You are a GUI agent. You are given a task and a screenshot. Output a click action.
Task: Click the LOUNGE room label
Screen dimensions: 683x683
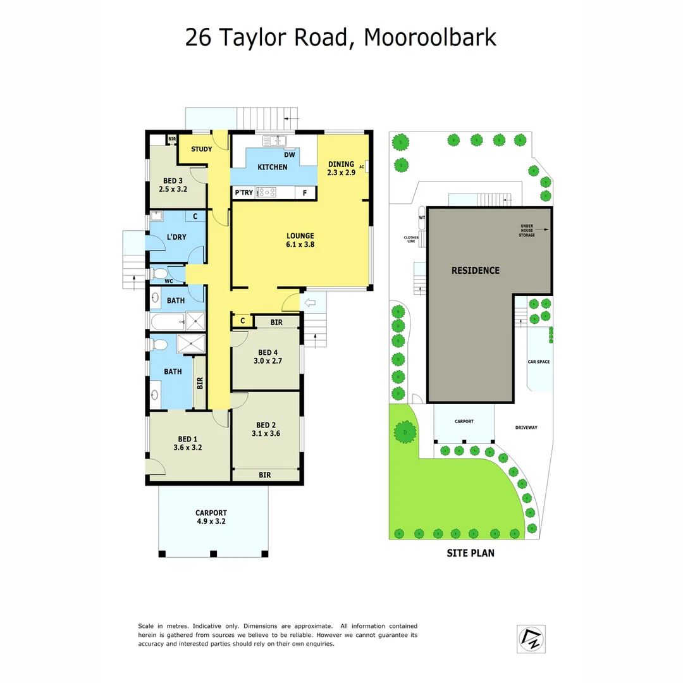tap(300, 236)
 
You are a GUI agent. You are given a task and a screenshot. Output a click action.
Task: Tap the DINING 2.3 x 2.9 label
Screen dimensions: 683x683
tap(341, 164)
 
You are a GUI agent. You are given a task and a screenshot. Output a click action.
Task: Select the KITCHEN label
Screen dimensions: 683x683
tap(273, 167)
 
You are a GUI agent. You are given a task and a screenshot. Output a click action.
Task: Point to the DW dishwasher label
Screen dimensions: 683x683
tap(289, 154)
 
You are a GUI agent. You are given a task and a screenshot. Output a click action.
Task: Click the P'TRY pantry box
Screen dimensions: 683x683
tap(243, 193)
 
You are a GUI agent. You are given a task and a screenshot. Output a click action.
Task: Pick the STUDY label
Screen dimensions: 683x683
tap(201, 150)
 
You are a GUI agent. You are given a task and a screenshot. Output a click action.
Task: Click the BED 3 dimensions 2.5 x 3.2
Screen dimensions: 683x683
tap(172, 188)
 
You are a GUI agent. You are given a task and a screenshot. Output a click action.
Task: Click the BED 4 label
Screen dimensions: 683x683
tap(268, 352)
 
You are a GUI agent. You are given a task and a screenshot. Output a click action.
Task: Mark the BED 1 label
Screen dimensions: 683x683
tap(187, 439)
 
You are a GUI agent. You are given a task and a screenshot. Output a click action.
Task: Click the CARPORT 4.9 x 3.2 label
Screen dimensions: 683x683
tap(211, 517)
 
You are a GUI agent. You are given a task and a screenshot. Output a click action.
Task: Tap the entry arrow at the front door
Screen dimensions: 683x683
tap(310, 304)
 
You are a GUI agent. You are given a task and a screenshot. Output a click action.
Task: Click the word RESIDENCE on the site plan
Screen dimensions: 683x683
tap(475, 270)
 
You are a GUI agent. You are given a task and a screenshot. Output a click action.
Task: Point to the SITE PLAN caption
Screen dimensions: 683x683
tap(471, 553)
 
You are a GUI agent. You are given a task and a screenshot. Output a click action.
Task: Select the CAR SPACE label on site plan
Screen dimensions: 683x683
tap(539, 362)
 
